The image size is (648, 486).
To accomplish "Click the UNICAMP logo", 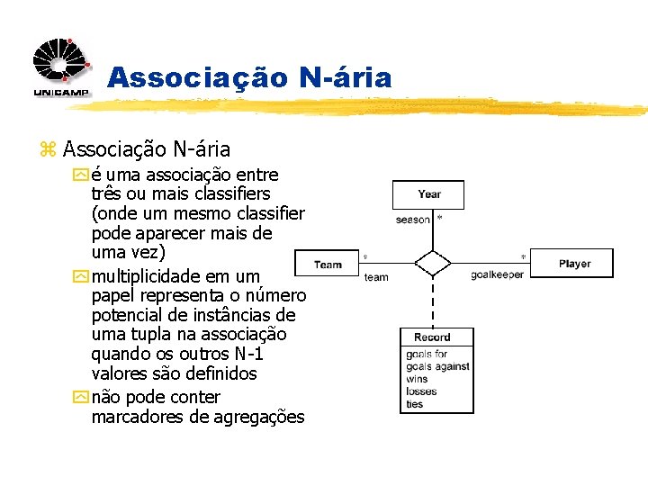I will (x=61, y=68).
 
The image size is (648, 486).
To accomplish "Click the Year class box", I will (x=428, y=194).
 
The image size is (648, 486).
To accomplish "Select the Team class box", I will (x=328, y=264).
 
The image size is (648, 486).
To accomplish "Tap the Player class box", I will (x=573, y=264).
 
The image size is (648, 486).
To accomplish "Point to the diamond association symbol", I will (x=433, y=263).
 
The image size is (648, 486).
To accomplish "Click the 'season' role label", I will (x=413, y=220).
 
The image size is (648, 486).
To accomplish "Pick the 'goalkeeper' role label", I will (x=497, y=275).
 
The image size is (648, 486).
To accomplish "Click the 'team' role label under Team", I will (x=376, y=277).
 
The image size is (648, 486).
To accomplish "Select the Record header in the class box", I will (x=433, y=337).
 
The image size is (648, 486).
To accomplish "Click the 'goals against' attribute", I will (x=437, y=367).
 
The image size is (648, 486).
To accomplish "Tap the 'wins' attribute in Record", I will (x=417, y=379).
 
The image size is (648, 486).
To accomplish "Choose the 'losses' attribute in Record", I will (x=421, y=391).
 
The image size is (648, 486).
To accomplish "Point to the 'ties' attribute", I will (x=415, y=404).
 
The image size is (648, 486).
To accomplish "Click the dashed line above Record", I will (x=433, y=301).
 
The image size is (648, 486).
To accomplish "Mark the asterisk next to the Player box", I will (x=523, y=257).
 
